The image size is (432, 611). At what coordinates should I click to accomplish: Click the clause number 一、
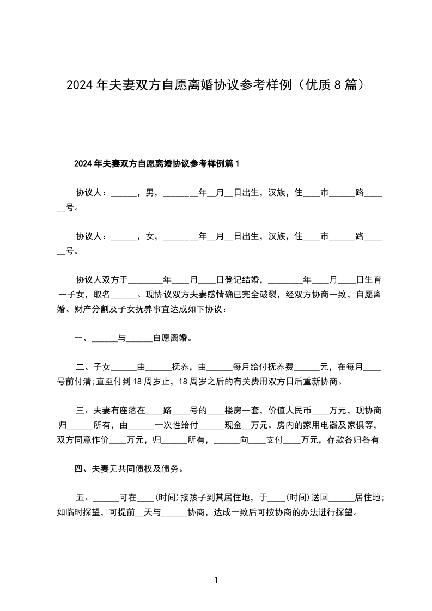point(82,338)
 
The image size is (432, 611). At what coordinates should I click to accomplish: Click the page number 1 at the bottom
point(216,581)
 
